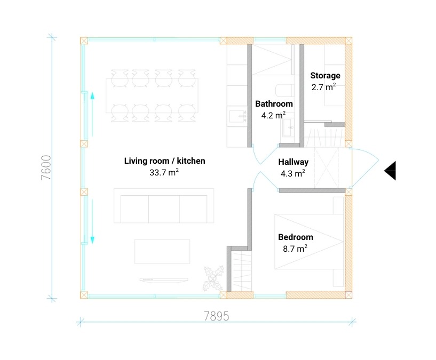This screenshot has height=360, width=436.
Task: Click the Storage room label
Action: click(325, 76)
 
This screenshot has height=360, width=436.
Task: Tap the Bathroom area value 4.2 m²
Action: click(274, 115)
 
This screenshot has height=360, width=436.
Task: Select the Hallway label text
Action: click(293, 162)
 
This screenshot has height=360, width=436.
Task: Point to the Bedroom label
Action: click(295, 237)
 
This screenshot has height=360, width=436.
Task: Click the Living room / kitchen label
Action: click(164, 161)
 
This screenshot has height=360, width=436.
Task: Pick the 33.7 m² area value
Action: click(164, 172)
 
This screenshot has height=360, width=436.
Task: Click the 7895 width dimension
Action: click(216, 316)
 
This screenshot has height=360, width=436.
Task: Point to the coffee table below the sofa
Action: click(162, 251)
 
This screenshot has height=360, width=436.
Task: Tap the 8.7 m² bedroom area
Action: click(295, 248)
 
